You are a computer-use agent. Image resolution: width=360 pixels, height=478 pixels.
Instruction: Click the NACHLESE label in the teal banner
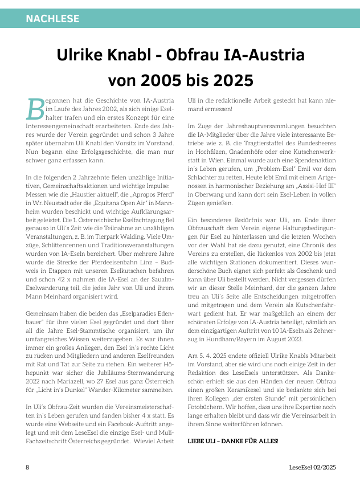(52, 19)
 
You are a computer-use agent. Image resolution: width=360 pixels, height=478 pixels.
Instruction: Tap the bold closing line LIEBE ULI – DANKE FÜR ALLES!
(232, 441)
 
